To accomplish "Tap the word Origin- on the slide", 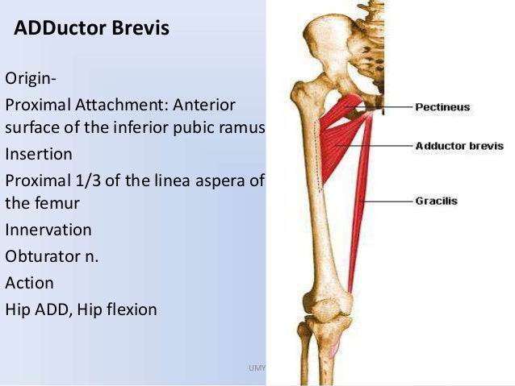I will (31, 80).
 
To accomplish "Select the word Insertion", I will (39, 153).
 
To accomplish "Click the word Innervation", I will (48, 230).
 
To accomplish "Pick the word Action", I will (29, 283).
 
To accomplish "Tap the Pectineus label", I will (442, 106).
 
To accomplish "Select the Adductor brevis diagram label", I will (458, 146).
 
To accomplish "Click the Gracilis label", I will (436, 201).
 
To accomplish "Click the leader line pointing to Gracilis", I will (391, 201).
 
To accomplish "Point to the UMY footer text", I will (257, 367).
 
